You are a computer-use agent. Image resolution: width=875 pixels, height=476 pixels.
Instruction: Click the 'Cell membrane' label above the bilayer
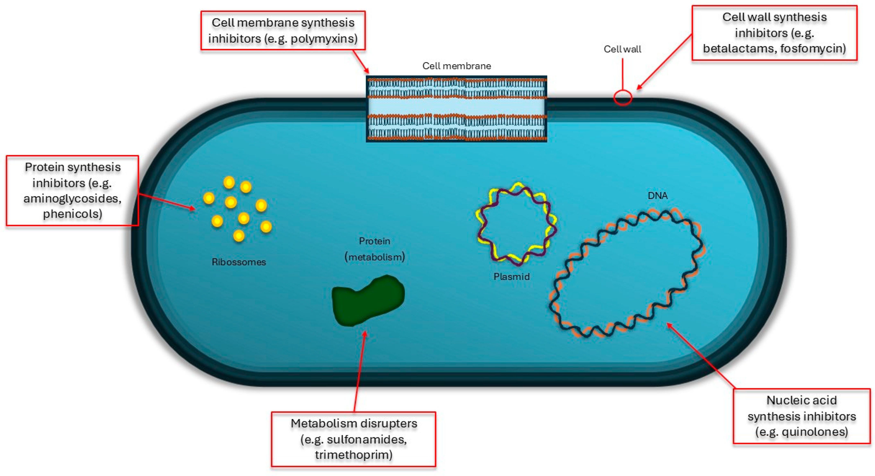tap(456, 66)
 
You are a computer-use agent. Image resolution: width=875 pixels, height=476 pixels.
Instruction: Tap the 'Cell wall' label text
tap(622, 49)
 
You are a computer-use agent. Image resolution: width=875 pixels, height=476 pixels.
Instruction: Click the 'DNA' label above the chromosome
tap(657, 196)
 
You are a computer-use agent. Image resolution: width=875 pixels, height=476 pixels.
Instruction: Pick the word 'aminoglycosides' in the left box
tap(72, 198)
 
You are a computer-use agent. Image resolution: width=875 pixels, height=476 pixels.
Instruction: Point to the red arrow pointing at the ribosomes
tap(166, 201)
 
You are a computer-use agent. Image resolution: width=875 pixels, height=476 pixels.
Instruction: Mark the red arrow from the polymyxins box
tap(361, 61)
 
